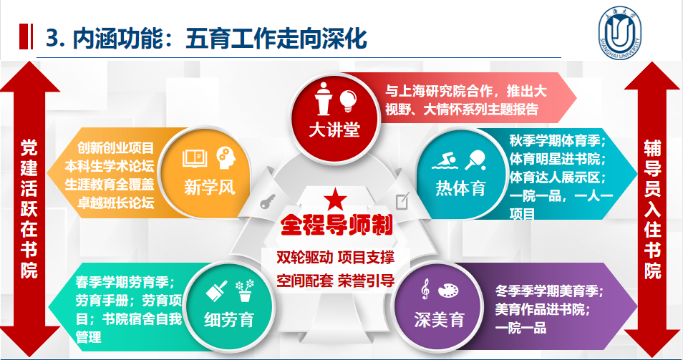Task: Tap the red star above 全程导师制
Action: [x=335, y=200]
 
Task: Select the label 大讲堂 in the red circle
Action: [x=334, y=130]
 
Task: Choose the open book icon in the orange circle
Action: [x=195, y=157]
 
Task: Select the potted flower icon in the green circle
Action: [x=245, y=291]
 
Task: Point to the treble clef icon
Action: [x=425, y=289]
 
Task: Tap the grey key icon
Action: [x=267, y=202]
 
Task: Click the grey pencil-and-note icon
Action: [x=402, y=200]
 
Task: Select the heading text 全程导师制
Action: [x=336, y=225]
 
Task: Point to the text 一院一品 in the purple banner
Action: [x=520, y=327]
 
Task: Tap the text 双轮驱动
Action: [x=304, y=257]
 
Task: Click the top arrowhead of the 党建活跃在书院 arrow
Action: [x=29, y=62]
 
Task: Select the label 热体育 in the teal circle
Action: [x=460, y=188]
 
